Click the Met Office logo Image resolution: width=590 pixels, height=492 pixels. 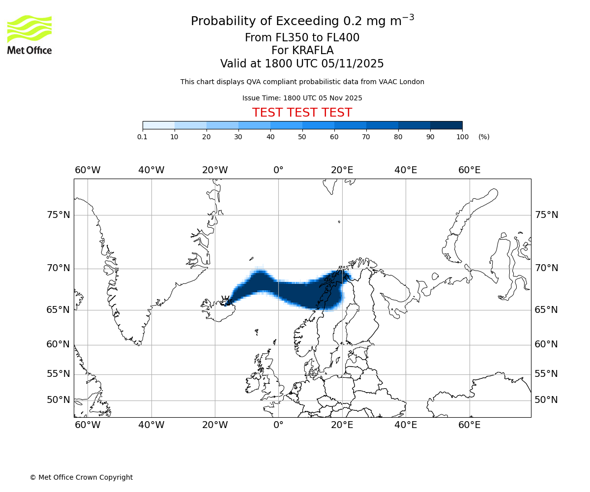(29, 34)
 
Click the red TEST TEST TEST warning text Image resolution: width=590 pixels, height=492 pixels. (302, 113)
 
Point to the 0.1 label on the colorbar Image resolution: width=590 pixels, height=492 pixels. (143, 137)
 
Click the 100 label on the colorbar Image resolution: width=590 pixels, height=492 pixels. (462, 137)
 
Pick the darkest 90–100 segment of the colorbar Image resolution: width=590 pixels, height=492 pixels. (446, 125)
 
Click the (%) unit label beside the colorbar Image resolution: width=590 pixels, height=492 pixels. (484, 137)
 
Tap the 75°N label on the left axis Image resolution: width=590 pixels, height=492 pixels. (58, 215)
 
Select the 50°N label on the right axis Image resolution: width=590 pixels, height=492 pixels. (546, 400)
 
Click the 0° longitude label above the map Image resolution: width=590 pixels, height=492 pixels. (278, 170)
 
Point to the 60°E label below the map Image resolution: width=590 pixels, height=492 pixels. (469, 425)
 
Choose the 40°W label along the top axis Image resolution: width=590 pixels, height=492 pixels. (151, 170)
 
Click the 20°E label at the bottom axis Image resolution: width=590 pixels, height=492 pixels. (342, 425)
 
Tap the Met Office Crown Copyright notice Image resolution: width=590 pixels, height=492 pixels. (81, 477)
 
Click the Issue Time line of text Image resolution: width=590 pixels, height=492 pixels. (302, 98)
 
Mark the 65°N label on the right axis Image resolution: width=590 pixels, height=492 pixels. (546, 310)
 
